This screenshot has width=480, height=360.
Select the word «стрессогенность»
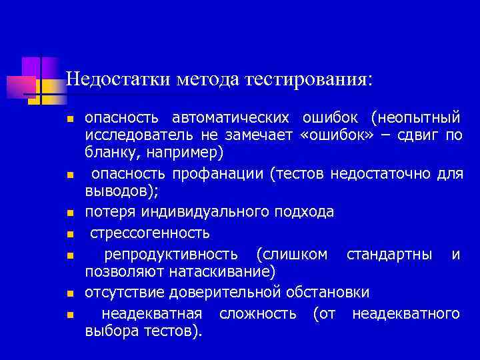point(150,233)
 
